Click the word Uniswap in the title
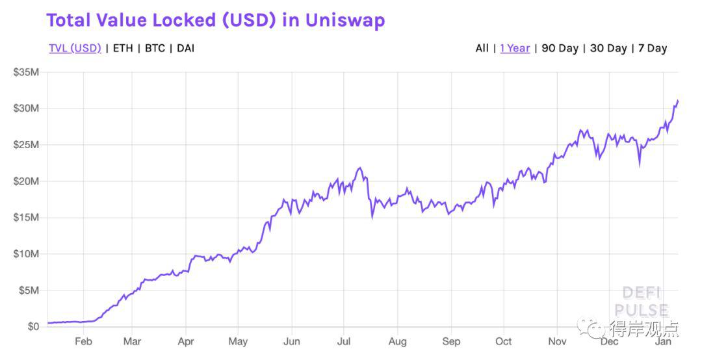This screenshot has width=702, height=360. [x=345, y=21]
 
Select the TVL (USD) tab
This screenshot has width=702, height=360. [x=75, y=48]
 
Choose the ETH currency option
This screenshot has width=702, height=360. [x=123, y=48]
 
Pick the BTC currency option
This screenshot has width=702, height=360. [x=155, y=48]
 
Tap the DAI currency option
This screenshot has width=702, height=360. [x=185, y=48]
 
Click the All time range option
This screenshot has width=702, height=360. [x=482, y=48]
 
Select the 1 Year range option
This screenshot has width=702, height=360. [x=515, y=48]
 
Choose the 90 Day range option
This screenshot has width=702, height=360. [x=560, y=48]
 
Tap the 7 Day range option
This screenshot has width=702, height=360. [x=653, y=48]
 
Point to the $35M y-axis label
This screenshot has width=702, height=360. [x=27, y=72]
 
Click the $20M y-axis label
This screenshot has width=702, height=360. [x=27, y=181]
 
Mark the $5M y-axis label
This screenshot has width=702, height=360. [x=29, y=290]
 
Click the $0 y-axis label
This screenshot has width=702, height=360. [x=33, y=327]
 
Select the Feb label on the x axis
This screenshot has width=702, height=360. [x=83, y=342]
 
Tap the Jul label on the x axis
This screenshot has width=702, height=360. [x=343, y=342]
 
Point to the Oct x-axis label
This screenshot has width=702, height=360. [x=503, y=342]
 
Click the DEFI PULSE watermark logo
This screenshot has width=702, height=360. [x=642, y=302]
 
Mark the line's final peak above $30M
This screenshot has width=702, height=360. [x=678, y=100]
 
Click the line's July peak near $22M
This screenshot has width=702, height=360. [x=359, y=168]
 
